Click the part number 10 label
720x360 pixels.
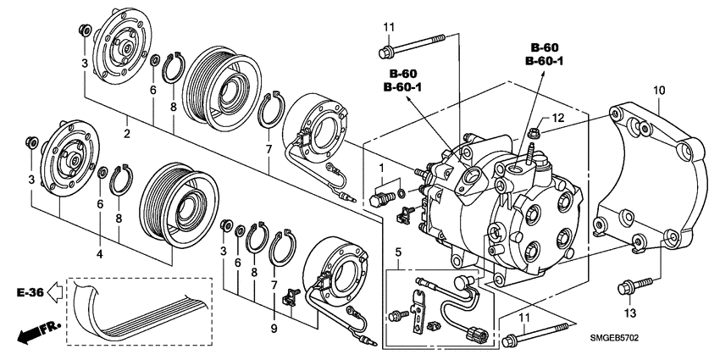(x=660, y=89)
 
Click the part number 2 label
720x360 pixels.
(x=125, y=134)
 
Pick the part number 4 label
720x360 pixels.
(x=99, y=253)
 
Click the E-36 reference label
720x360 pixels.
(x=29, y=292)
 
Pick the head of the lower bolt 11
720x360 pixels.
(x=510, y=341)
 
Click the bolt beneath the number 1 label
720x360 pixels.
(x=380, y=200)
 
